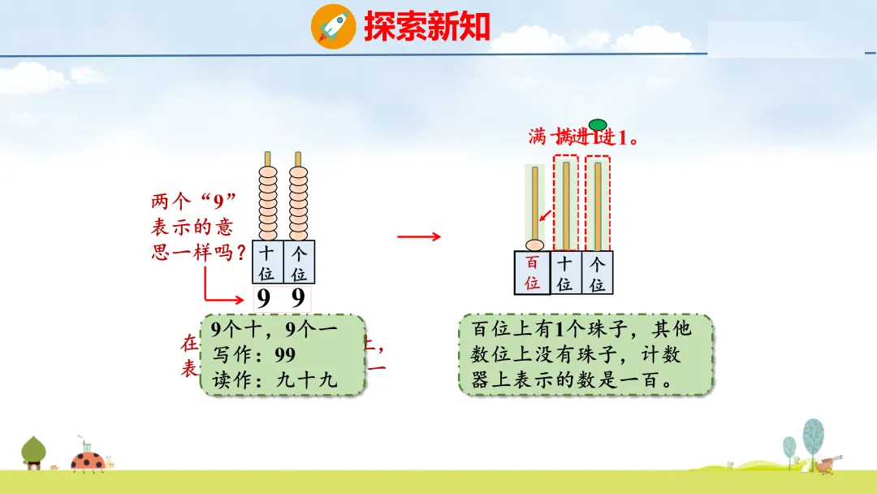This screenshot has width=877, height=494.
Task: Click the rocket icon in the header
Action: click(333, 26)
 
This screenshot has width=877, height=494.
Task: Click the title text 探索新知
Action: click(427, 27)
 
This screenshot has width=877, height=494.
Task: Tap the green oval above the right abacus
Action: click(598, 124)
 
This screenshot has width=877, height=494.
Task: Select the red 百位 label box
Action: click(532, 273)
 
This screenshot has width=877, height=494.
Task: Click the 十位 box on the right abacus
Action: click(565, 273)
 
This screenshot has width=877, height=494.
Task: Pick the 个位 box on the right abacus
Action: click(598, 273)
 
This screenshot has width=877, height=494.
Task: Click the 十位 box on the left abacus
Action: click(267, 262)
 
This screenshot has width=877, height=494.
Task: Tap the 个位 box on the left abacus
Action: click(299, 262)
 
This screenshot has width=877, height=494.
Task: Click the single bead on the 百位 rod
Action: click(534, 245)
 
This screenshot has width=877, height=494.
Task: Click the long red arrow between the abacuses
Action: click(419, 236)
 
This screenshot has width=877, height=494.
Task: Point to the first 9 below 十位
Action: click(263, 300)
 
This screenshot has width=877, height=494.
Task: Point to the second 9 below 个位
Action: click(298, 300)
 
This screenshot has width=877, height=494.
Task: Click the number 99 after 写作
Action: click(284, 355)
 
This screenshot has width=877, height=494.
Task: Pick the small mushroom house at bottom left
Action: click(34, 453)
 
